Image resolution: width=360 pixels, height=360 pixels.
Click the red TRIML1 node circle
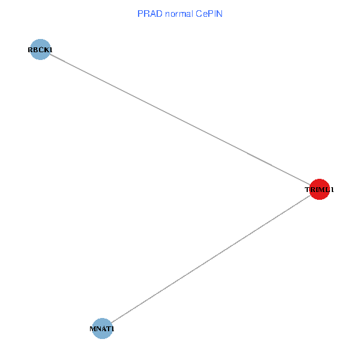click(x=319, y=190)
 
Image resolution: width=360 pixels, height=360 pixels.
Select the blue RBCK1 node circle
click(x=40, y=50)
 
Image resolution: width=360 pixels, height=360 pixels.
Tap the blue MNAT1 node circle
click(x=103, y=329)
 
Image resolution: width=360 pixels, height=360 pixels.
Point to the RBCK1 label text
click(x=40, y=50)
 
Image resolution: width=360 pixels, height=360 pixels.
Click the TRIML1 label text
click(x=319, y=190)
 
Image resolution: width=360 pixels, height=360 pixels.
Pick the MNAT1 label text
click(x=102, y=329)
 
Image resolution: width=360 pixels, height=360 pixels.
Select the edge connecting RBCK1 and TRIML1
click(x=179, y=119)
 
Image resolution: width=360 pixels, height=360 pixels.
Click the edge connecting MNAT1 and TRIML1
click(x=211, y=259)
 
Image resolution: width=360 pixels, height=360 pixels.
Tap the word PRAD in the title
click(x=148, y=13)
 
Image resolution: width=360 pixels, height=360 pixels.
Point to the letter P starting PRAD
click(x=140, y=13)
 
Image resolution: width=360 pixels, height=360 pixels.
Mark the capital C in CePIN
click(x=198, y=13)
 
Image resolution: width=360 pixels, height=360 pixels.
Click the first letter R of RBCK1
click(x=30, y=50)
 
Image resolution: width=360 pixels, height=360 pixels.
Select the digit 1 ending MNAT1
click(x=112, y=329)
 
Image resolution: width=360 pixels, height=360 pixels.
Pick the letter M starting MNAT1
click(x=92, y=329)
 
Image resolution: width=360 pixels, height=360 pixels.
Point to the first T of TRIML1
click(x=307, y=190)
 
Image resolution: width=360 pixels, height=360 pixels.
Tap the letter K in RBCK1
click(x=46, y=50)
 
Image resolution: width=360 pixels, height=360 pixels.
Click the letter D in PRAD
click(x=156, y=13)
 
